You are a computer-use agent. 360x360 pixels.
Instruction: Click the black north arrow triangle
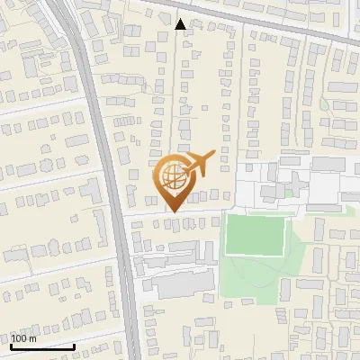coord(181,23)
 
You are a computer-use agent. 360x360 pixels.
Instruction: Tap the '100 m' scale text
coord(24,338)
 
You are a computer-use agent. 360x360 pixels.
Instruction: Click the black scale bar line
coord(42,346)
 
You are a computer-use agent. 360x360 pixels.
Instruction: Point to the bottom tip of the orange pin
coord(171,211)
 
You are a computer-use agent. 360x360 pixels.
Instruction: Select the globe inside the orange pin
coord(171,173)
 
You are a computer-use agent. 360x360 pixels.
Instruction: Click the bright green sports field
coord(255,235)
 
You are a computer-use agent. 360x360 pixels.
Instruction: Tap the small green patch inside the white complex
coord(289,192)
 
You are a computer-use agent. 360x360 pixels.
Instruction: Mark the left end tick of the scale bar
coord(11,345)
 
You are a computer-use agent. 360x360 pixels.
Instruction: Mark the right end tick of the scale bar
coord(74,345)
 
